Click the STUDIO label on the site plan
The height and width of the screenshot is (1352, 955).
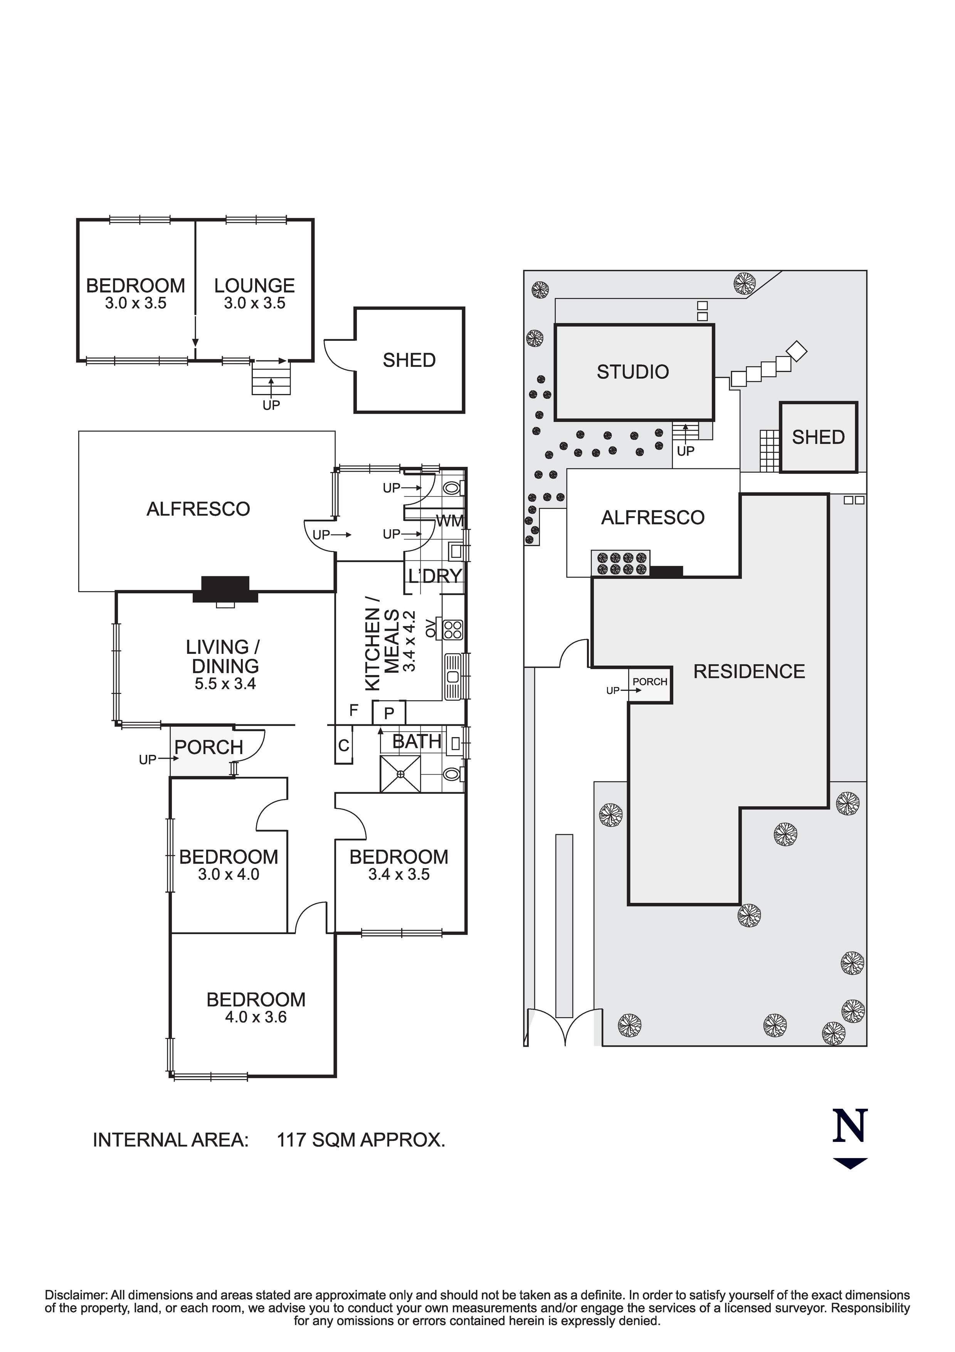[x=632, y=372]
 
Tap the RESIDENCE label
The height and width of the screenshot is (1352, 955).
[x=748, y=672]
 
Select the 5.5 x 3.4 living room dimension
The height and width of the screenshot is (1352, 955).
[x=225, y=684]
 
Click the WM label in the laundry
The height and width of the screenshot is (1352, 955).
[x=450, y=521]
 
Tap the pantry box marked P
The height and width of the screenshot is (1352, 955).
[x=389, y=714]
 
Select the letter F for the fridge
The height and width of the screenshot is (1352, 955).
[x=354, y=711]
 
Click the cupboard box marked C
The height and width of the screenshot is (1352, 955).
[x=344, y=746]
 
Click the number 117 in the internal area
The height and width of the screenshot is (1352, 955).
[x=291, y=1140]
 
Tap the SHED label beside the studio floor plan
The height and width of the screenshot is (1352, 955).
[x=409, y=360]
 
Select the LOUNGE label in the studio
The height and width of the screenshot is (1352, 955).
[x=254, y=286]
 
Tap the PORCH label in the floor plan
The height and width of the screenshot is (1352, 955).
[x=209, y=748]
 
